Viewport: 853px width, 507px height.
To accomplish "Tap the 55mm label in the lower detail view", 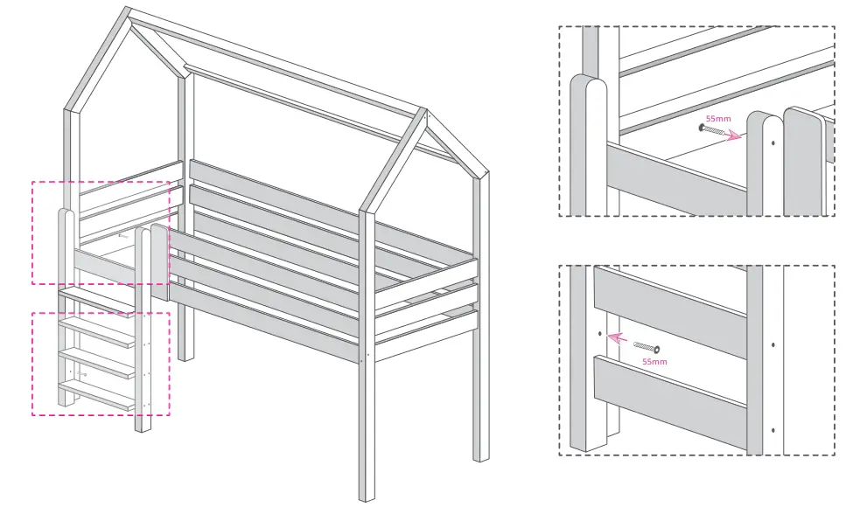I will point(654,360).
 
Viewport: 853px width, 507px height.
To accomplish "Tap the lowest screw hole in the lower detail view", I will point(773,430).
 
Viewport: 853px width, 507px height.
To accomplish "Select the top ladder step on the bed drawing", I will point(96,298).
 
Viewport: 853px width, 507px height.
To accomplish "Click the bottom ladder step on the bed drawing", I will point(96,390).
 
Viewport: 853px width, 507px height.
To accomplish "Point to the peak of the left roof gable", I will point(129,12).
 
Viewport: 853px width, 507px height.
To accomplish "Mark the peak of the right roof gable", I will point(423,112).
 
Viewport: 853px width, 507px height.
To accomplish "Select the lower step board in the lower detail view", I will point(669,398).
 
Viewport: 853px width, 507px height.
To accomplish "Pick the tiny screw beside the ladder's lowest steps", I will point(81,373).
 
